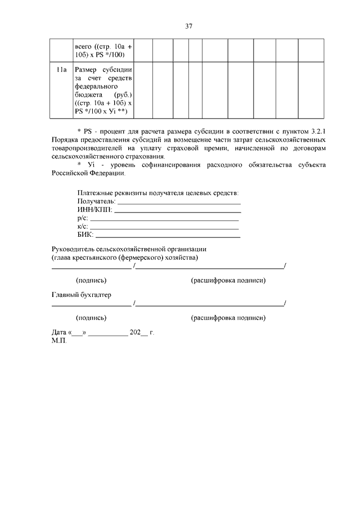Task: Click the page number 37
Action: (188, 26)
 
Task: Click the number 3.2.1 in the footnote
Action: (318, 131)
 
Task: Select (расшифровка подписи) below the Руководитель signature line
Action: (228, 280)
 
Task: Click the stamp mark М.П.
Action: (58, 340)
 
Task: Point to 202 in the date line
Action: (135, 332)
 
